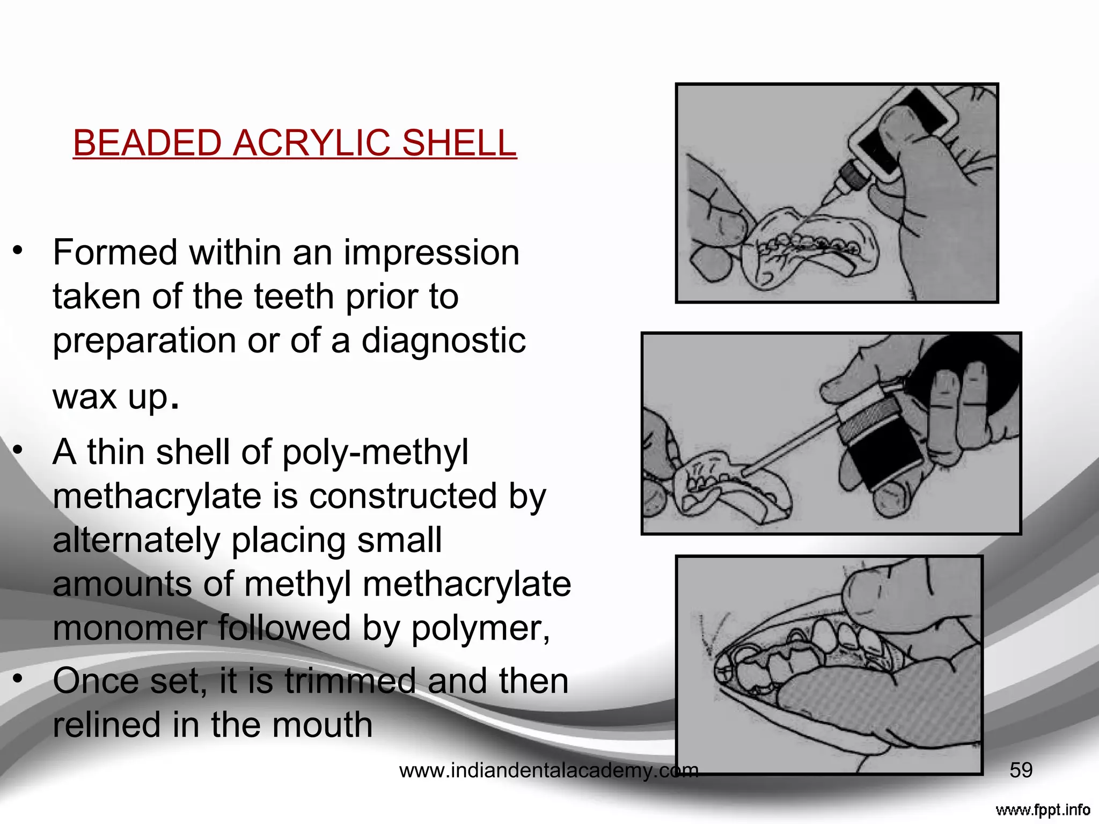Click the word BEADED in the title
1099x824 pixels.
point(146,143)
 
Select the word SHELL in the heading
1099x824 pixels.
point(459,143)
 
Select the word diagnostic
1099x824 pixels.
point(443,341)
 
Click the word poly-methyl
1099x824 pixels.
point(375,452)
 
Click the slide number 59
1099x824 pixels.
point(1021,770)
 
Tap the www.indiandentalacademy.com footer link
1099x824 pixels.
point(548,771)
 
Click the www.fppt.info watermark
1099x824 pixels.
point(1043,810)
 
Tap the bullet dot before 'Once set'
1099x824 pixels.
point(18,679)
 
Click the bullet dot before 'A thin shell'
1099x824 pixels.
point(18,450)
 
